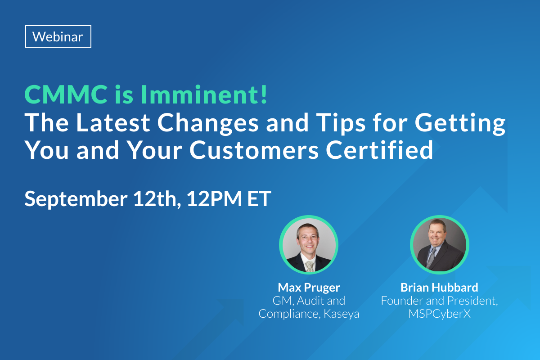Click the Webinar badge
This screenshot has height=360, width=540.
pyautogui.click(x=58, y=36)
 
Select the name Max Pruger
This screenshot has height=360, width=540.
pyautogui.click(x=309, y=287)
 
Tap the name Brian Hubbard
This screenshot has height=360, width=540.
pyautogui.click(x=439, y=287)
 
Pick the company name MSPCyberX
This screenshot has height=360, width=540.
pyautogui.click(x=439, y=314)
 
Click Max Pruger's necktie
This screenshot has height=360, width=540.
pyautogui.click(x=310, y=265)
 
